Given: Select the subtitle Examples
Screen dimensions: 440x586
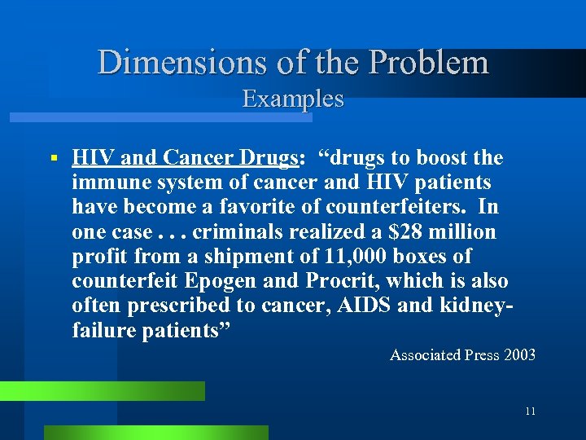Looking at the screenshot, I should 293,99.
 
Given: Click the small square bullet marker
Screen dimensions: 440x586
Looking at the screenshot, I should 53,157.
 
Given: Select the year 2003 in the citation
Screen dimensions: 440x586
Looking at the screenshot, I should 519,354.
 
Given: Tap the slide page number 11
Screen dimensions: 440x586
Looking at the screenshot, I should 530,411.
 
